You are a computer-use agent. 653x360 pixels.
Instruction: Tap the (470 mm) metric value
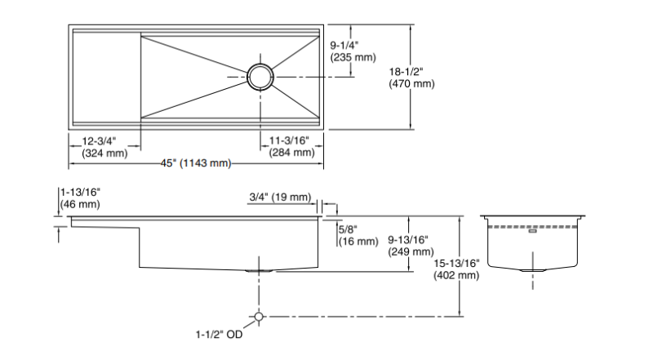(413, 84)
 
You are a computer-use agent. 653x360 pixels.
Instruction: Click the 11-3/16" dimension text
(292, 140)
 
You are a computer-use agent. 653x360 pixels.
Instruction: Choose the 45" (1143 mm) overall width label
(196, 164)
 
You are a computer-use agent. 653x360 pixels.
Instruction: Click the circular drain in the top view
(263, 76)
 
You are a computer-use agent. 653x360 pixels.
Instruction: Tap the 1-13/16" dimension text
(80, 192)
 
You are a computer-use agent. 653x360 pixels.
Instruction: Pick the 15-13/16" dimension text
(458, 263)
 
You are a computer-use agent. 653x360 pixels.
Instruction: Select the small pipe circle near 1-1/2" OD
(259, 316)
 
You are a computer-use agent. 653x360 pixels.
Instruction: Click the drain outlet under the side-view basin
(259, 270)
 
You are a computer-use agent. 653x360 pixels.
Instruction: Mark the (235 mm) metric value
(351, 59)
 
